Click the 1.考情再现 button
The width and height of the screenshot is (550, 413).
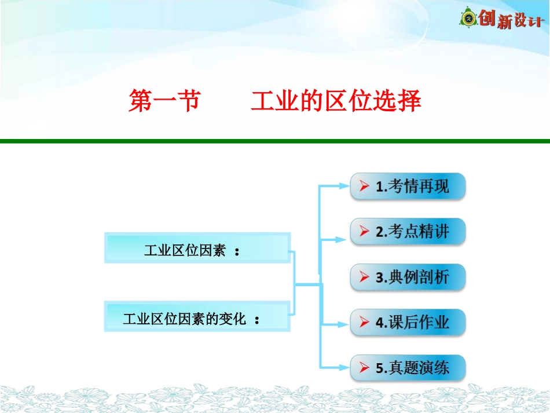click(408, 187)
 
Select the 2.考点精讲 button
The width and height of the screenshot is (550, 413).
click(408, 232)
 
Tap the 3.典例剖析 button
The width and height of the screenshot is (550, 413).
click(408, 277)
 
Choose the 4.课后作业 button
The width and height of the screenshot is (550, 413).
click(408, 323)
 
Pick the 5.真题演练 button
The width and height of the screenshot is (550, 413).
click(408, 368)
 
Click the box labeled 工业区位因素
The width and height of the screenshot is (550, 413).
click(197, 248)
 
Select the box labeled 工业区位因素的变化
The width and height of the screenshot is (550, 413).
click(197, 316)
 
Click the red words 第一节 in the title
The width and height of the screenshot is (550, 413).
click(165, 101)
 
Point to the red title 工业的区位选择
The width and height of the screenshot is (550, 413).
click(336, 101)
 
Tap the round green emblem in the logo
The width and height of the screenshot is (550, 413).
click(468, 17)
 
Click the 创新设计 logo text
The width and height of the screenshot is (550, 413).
click(511, 19)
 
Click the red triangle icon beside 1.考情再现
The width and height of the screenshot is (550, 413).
click(364, 186)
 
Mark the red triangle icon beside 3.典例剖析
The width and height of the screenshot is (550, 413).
click(364, 277)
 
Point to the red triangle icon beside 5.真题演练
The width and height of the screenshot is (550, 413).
click(364, 367)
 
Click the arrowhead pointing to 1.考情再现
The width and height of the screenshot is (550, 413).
click(344, 186)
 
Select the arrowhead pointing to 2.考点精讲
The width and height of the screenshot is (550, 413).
click(341, 240)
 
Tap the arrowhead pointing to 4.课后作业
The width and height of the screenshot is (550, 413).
click(344, 324)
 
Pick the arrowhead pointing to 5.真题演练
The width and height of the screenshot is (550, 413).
click(344, 367)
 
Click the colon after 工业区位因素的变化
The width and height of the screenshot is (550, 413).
click(257, 320)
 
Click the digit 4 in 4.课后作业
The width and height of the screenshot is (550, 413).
click(380, 323)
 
